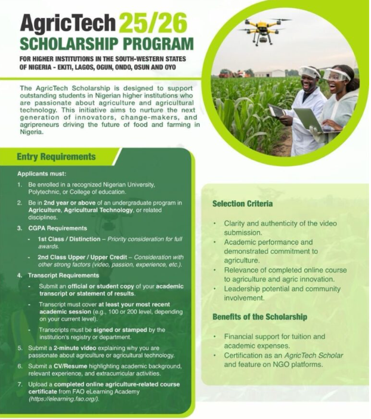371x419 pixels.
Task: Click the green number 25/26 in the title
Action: pos(153,24)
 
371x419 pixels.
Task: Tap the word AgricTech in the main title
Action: pos(67,24)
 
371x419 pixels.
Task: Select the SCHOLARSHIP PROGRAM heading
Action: pos(107,44)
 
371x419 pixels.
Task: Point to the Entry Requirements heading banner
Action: pos(56,157)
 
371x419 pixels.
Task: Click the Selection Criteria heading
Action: pos(242,204)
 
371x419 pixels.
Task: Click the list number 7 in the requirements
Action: pos(20,383)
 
